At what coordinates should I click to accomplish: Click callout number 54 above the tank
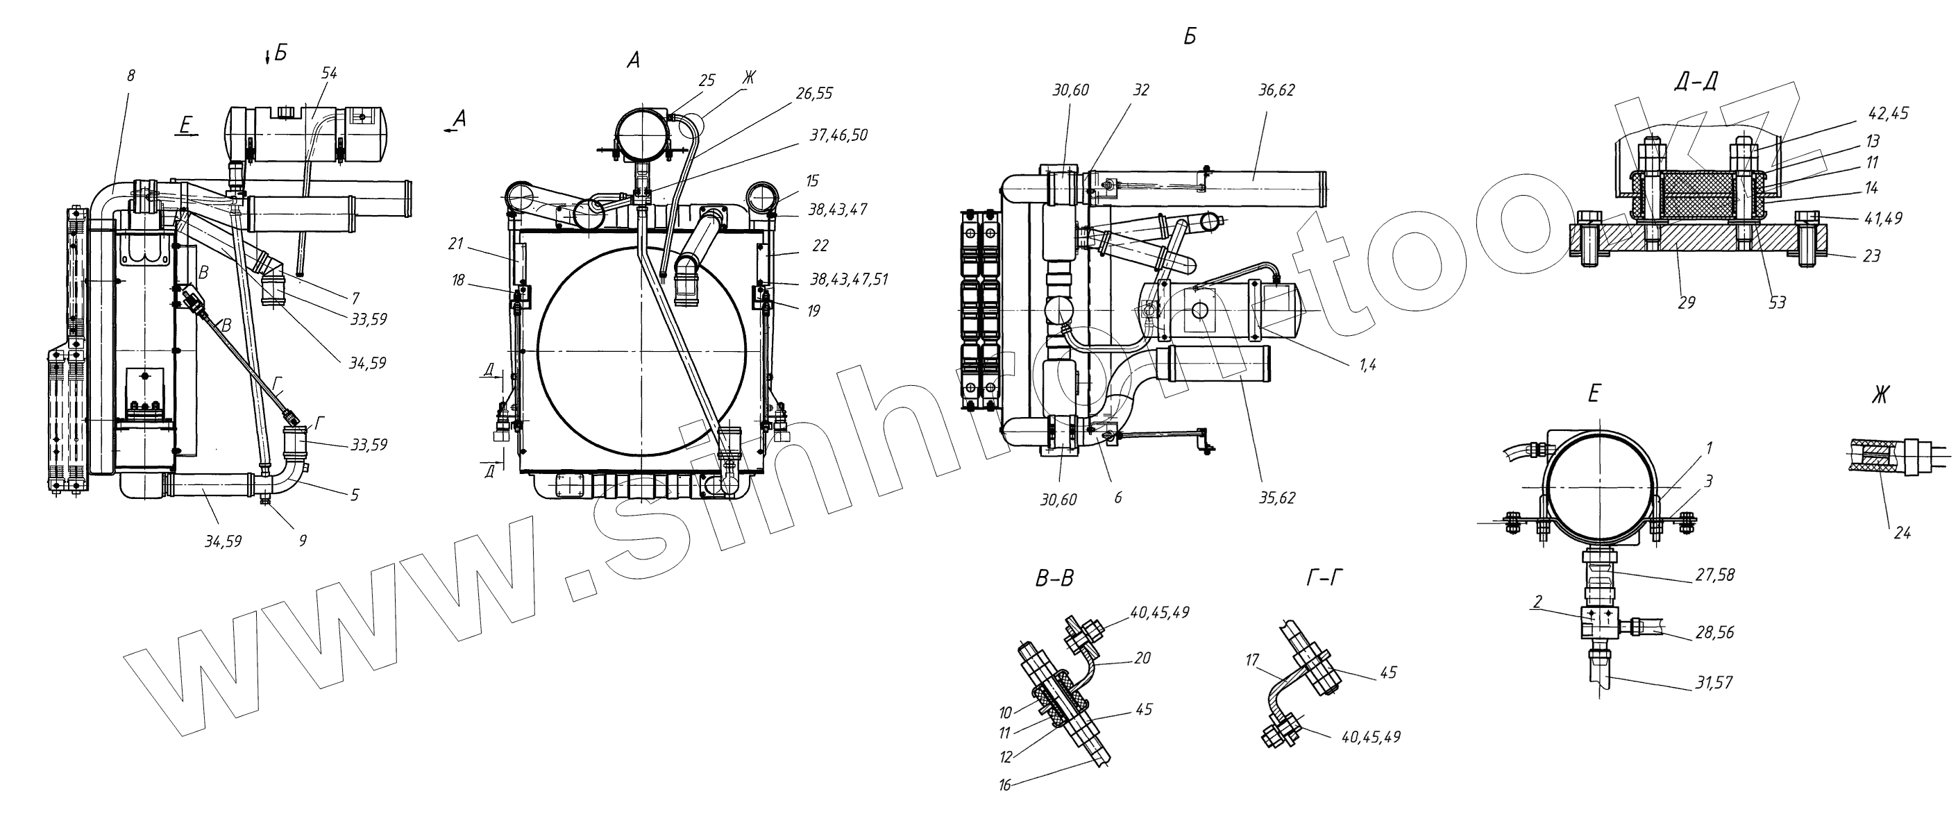coord(329,73)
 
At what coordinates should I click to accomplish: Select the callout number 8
coord(130,75)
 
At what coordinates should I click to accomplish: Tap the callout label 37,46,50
coord(838,135)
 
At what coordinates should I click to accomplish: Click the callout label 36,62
coord(1276,90)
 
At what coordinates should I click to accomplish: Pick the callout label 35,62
coord(1276,498)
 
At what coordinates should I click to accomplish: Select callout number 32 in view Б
coord(1140,90)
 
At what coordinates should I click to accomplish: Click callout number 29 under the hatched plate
coord(1686,303)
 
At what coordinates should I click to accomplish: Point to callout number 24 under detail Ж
coord(1902,533)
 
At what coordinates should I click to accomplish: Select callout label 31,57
coord(1714,683)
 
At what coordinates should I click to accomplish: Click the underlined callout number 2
coord(1536,602)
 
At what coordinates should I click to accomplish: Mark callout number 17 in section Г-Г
coord(1253,661)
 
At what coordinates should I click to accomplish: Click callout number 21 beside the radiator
coord(456,244)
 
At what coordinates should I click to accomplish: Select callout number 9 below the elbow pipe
coord(303,541)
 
